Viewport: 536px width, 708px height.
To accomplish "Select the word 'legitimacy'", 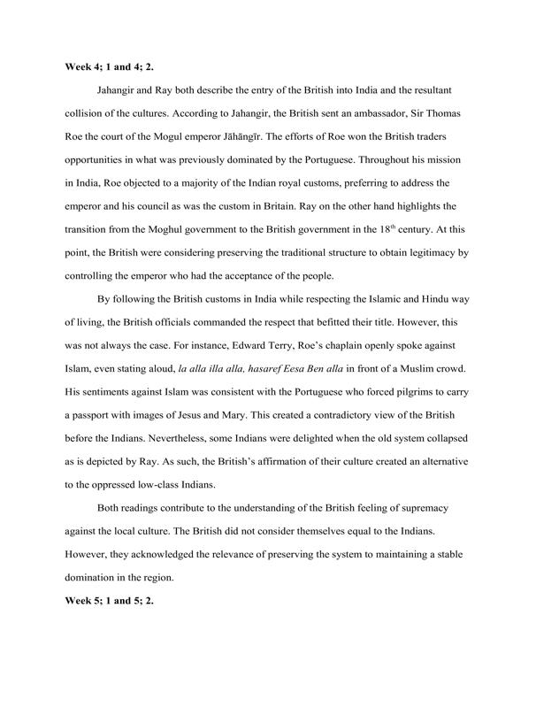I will tap(421, 258).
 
